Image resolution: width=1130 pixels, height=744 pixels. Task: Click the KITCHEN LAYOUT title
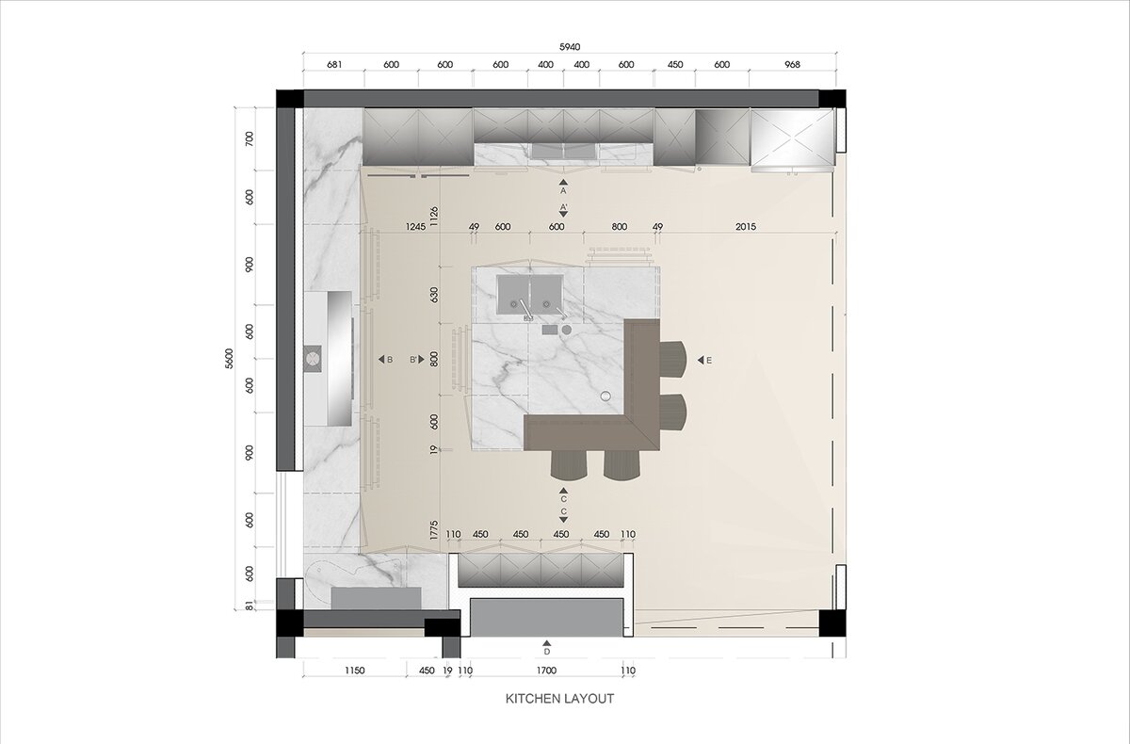click(x=559, y=699)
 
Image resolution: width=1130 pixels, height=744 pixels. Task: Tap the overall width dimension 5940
click(x=570, y=47)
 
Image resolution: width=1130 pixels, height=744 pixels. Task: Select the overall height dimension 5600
click(x=229, y=359)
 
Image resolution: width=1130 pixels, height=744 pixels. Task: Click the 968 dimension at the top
click(x=793, y=65)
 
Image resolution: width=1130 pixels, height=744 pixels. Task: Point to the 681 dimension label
click(x=334, y=65)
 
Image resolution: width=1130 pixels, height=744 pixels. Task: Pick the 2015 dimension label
click(x=746, y=227)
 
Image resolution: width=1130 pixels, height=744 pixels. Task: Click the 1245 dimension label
click(x=415, y=227)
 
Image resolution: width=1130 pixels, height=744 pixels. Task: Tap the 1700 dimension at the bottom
click(x=546, y=671)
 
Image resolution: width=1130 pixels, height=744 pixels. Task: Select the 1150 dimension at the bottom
click(x=355, y=671)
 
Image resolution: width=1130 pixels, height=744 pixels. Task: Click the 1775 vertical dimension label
click(x=434, y=530)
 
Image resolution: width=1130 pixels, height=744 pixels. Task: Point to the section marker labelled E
click(x=704, y=360)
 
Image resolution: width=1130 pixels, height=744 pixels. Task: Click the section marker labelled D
click(x=547, y=648)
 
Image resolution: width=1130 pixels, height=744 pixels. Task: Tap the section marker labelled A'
click(x=563, y=210)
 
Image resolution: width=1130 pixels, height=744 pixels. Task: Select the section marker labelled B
click(x=386, y=360)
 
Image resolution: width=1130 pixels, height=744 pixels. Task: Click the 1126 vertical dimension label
click(x=434, y=217)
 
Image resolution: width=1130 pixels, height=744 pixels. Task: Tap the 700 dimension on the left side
click(x=249, y=138)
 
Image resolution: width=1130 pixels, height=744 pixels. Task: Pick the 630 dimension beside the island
click(x=434, y=295)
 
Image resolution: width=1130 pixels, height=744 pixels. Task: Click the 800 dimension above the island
click(x=620, y=227)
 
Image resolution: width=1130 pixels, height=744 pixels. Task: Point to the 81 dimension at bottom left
click(x=249, y=606)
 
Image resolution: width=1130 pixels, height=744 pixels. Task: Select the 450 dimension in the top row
click(x=675, y=65)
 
